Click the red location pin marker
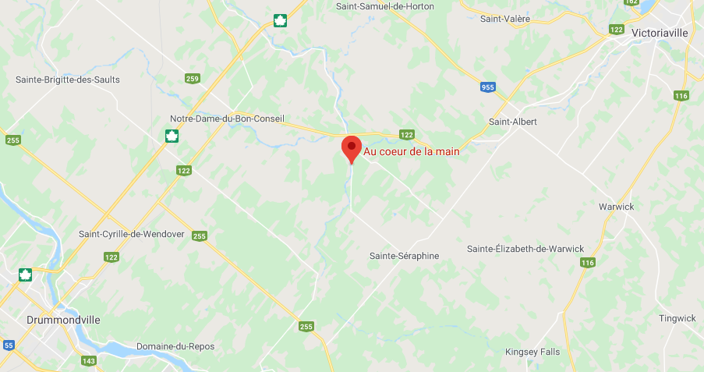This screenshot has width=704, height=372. coord(351,148)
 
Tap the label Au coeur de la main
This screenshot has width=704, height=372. coord(412,151)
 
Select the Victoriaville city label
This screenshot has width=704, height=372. coord(661,34)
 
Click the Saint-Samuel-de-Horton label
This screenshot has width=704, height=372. coord(385,6)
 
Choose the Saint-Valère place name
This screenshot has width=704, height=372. coord(505,18)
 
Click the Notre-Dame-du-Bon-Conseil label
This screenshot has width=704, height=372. coord(228,119)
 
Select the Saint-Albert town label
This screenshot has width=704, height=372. coord(512,122)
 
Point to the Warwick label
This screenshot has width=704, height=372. coord(617,207)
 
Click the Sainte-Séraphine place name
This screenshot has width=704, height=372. coord(405,256)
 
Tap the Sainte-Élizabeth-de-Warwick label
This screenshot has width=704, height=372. coord(525,249)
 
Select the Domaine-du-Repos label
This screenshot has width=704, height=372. coord(175,346)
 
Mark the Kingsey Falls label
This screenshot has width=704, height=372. coord(532,352)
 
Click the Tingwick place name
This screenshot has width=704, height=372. coord(677,318)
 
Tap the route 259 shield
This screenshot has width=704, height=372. coord(193,79)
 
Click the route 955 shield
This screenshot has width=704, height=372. coord(488,87)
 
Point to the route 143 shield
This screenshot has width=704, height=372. coord(89,361)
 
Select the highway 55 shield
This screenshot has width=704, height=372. coord(9,345)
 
